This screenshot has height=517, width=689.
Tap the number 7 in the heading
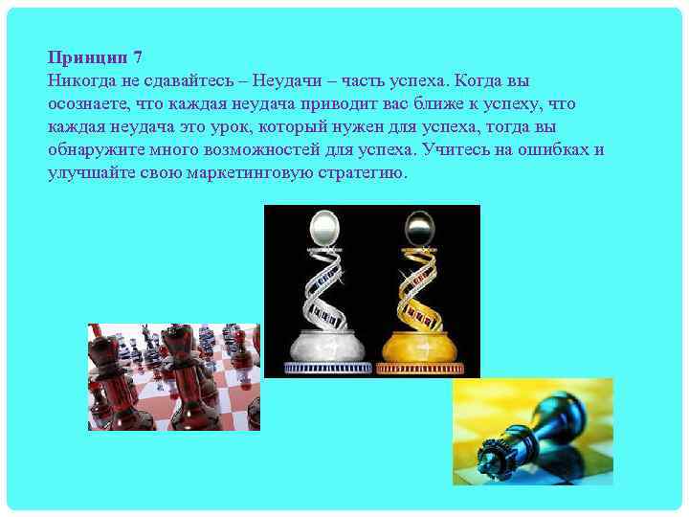coord(137,57)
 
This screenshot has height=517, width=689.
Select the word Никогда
coord(80,80)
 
